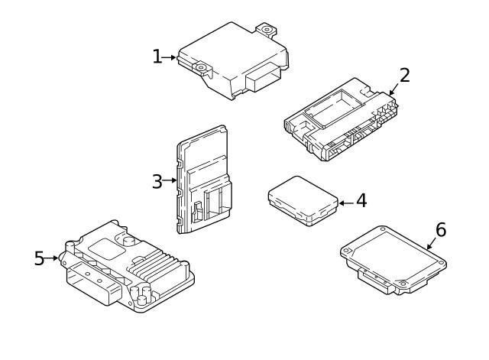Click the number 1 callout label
157,57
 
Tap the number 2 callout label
404,75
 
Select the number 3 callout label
157,181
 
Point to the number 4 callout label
361,201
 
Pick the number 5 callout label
39,258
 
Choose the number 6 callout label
440,229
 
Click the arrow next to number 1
170,57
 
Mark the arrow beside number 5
52,258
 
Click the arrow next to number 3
170,181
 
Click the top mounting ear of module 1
267,31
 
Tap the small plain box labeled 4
303,200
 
